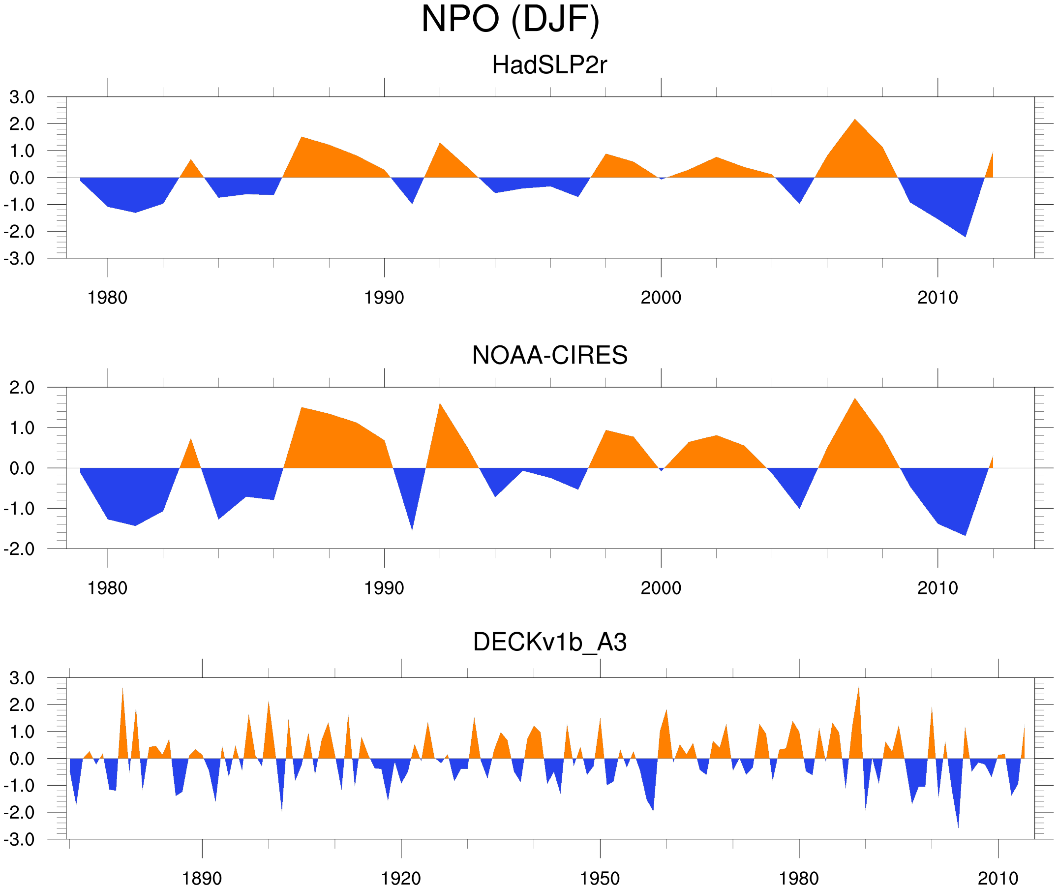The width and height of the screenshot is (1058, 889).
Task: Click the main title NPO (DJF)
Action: (510, 19)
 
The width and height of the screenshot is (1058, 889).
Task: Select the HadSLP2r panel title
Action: (549, 65)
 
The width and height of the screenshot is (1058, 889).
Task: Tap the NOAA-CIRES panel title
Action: (549, 355)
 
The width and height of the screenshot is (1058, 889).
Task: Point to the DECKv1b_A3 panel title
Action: (549, 642)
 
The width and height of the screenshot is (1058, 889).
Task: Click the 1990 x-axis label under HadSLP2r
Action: (384, 298)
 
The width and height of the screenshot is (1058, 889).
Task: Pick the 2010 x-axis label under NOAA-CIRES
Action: (937, 588)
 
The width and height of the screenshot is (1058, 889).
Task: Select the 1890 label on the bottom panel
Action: (202, 878)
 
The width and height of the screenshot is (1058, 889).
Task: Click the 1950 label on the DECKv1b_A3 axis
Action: (600, 878)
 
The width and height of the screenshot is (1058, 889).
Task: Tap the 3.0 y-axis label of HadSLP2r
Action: (22, 97)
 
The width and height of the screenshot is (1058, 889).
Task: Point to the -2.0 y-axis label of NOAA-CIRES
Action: (19, 550)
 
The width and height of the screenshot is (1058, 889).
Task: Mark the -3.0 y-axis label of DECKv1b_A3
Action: (19, 840)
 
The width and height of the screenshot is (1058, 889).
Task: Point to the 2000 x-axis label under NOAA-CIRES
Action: (661, 588)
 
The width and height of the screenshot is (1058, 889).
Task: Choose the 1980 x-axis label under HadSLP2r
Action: (107, 298)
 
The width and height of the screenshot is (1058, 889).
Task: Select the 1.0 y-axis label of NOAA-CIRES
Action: (22, 429)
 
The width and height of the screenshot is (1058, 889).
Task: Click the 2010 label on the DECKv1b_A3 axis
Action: (998, 878)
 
